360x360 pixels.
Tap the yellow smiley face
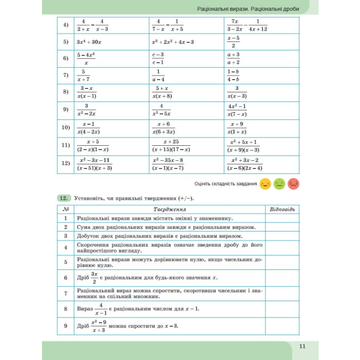[265, 184]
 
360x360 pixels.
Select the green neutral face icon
[279, 184]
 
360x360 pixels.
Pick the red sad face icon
[293, 184]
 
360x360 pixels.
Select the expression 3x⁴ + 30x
[89, 42]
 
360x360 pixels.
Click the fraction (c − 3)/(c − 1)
[158, 58]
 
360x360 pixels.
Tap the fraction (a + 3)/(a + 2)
[233, 58]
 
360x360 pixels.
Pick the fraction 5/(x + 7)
[83, 75]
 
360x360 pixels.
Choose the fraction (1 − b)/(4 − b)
[233, 75]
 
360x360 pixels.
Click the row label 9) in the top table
[66, 110]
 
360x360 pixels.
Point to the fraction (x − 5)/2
[233, 41]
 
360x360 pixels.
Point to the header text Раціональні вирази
[223, 8]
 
